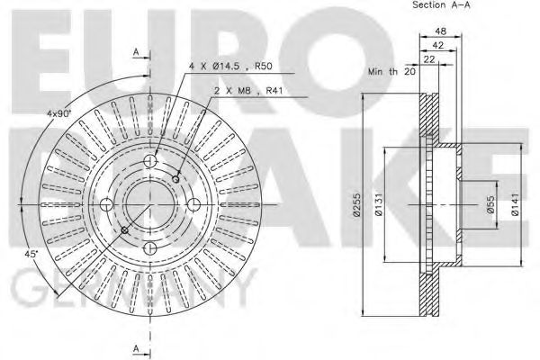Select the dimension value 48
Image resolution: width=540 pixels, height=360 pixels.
[440, 31]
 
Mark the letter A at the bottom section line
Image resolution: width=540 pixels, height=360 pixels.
[135, 348]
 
